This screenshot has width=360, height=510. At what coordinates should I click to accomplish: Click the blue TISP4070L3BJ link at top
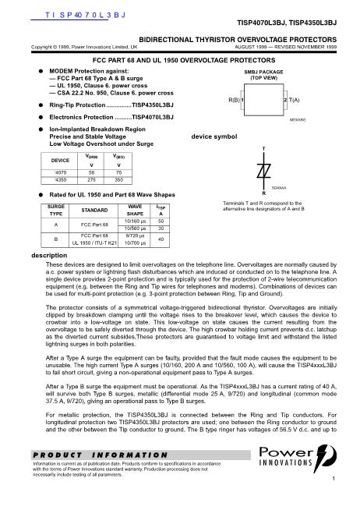(x=85, y=15)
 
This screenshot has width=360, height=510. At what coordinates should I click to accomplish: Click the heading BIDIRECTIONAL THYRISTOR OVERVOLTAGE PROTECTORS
(x=238, y=40)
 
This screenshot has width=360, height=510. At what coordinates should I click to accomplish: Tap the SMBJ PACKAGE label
(x=263, y=72)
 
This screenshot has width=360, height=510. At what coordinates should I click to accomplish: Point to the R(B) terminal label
(x=235, y=100)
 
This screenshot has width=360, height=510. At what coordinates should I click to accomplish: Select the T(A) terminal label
(x=294, y=100)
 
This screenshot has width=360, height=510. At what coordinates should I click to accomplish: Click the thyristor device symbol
(x=263, y=171)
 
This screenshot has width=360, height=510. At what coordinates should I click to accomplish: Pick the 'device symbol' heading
(x=214, y=136)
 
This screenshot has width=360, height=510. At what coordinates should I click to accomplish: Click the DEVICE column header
(x=60, y=161)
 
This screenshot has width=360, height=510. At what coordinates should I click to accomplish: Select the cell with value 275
(x=91, y=179)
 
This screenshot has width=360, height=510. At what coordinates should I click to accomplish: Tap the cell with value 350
(x=118, y=179)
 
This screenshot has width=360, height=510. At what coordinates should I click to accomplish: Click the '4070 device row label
(x=60, y=172)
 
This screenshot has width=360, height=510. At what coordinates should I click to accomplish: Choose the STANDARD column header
(x=94, y=210)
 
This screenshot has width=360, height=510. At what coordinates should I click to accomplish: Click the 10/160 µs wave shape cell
(x=135, y=221)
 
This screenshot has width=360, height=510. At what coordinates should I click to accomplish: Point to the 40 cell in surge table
(x=161, y=239)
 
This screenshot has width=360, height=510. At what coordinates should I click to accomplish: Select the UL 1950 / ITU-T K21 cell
(x=94, y=243)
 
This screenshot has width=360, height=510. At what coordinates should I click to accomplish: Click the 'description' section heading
(x=49, y=255)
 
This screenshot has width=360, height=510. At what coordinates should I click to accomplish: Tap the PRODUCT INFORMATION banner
(x=141, y=455)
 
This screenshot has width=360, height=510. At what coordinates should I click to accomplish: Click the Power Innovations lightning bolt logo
(x=324, y=458)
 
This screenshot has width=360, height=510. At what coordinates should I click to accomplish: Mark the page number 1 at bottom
(x=334, y=479)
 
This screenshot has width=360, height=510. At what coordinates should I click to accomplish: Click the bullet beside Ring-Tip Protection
(x=41, y=105)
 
